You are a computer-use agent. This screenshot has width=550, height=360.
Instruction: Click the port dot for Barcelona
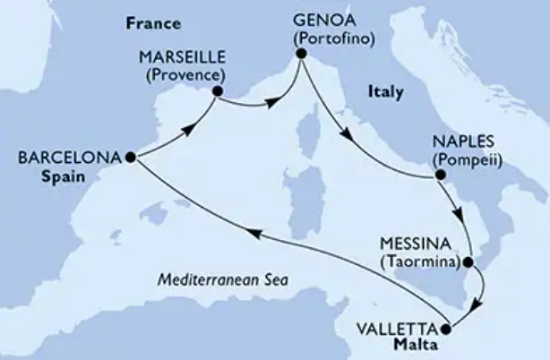130,157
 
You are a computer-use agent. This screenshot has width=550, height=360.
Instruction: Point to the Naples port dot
440,175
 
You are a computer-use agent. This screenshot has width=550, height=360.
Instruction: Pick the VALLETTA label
403,328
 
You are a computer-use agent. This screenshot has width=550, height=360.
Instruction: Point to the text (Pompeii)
466,159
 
